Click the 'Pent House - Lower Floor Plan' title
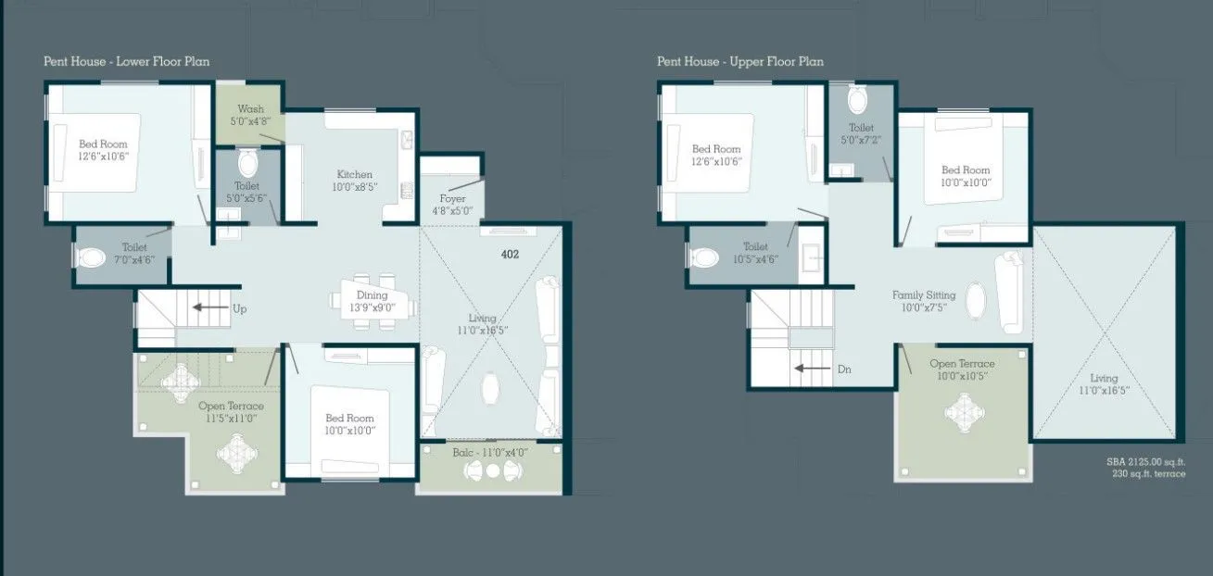pos(127,62)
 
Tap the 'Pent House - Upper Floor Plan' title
pos(740,62)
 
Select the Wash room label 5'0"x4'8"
pos(250,114)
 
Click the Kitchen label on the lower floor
pos(355,180)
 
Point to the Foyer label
pos(452,205)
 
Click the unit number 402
pos(510,254)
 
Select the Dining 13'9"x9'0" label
pos(372,301)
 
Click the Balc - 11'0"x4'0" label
pos(491,453)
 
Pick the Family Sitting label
pos(924,301)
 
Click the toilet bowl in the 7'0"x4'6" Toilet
pos(92,257)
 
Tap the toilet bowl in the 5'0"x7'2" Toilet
pos(857,99)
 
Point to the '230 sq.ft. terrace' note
pos(1149,473)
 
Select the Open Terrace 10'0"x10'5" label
pos(962,369)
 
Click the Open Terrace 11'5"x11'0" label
pos(231,412)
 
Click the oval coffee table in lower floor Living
pos(490,388)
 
